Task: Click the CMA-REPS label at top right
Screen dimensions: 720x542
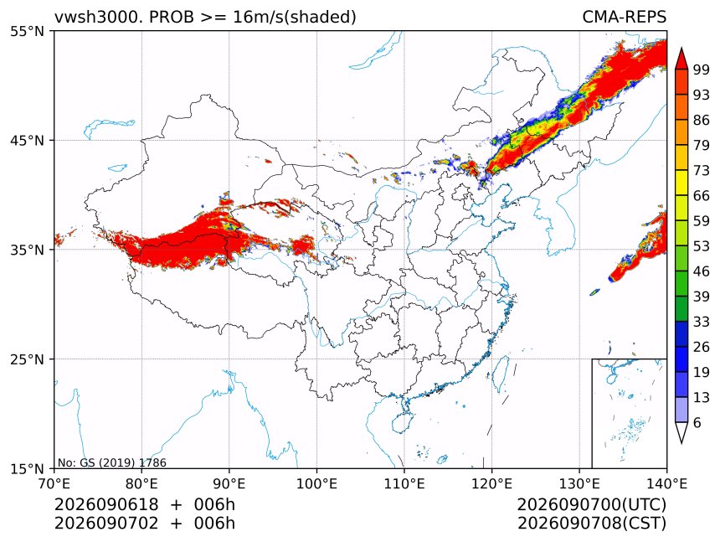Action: [624, 17]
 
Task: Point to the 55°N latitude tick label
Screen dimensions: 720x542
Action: [27, 31]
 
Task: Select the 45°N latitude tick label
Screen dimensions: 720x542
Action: [27, 140]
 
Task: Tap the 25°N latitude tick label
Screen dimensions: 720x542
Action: [27, 359]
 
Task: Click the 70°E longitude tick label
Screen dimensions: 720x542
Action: [54, 483]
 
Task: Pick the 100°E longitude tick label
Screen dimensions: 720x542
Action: [316, 483]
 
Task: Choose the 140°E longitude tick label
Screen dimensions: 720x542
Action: [666, 483]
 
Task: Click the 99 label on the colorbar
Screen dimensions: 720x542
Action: [702, 70]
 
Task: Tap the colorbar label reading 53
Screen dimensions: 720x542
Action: [702, 246]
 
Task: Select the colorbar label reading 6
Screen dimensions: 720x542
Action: [697, 422]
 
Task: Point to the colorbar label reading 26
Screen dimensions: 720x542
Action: [702, 347]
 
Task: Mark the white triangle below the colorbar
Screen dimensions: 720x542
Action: [681, 431]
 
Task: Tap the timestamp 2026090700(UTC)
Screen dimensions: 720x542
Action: [591, 504]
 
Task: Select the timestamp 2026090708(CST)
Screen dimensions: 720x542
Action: [591, 524]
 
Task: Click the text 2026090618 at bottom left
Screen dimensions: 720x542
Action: [106, 504]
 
